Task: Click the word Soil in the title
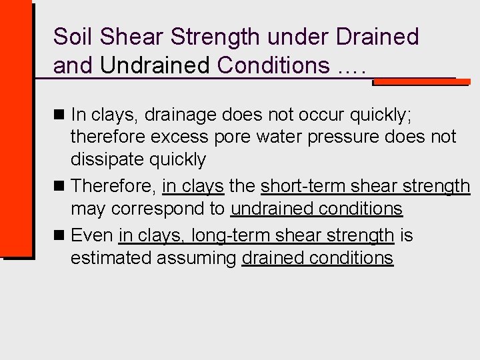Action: click(x=69, y=37)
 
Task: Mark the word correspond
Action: click(x=168, y=209)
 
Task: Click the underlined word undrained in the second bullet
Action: click(x=271, y=209)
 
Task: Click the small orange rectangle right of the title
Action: click(x=419, y=81)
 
